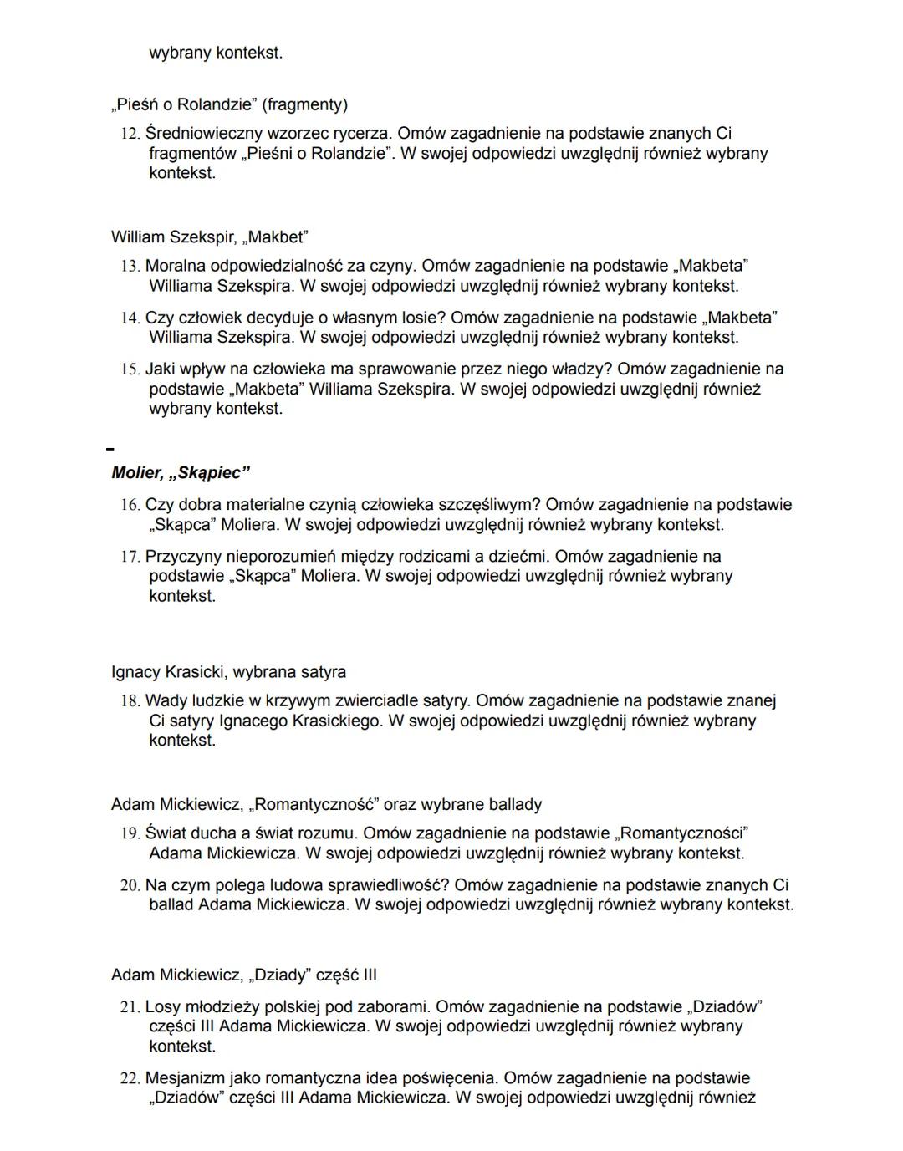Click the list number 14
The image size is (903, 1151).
[130, 318]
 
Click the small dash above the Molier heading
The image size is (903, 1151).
[110, 449]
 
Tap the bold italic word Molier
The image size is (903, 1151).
[135, 473]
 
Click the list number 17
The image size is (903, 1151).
[130, 557]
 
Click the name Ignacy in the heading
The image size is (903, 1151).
[135, 672]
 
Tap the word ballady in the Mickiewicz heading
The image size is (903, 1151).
[514, 804]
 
